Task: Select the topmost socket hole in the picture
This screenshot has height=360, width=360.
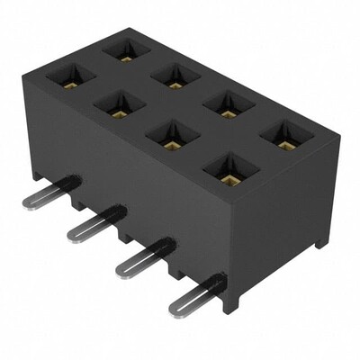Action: (x=125, y=49)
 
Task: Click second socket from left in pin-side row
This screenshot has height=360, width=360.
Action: (x=119, y=105)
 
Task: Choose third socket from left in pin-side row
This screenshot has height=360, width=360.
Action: (x=169, y=136)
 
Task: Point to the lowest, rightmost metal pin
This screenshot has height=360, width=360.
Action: (x=194, y=294)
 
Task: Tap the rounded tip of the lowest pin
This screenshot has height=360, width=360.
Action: (x=175, y=308)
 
